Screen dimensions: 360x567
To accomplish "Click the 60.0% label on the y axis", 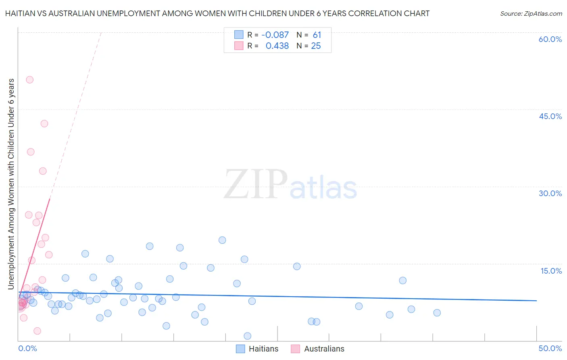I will tap(550, 39).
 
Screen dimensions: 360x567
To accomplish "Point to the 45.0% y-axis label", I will tap(550, 116).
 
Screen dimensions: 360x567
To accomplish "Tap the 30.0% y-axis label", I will tap(550, 193).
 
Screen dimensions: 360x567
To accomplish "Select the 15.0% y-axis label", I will tap(551, 271).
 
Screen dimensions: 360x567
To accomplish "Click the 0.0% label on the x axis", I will tap(27, 348).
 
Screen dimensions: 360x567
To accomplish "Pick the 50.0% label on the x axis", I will tap(550, 348).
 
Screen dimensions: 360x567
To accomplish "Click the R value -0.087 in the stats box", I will tap(275, 35).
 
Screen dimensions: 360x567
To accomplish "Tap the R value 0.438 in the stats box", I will tap(277, 46).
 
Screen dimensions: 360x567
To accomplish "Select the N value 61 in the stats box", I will tap(317, 35).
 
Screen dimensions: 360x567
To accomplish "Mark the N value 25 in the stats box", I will tap(316, 46).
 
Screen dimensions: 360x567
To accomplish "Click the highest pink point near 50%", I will tap(29, 80).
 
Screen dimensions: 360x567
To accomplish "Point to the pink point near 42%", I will tap(44, 123).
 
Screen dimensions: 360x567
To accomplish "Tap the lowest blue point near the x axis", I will tap(248, 336).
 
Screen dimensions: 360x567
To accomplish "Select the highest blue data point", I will tap(222, 240).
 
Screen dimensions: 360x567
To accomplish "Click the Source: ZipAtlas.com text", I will tap(531, 14).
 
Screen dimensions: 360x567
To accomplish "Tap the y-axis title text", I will tap(11, 184).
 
